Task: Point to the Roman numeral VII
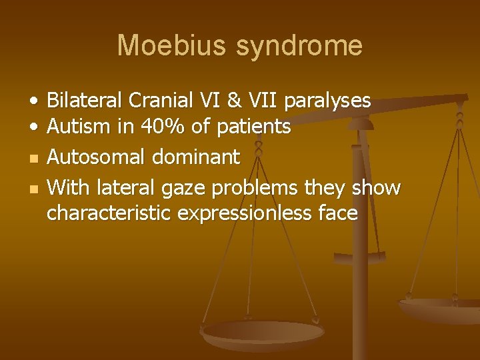point(266,101)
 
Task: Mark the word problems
point(253,188)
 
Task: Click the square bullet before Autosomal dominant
point(33,158)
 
